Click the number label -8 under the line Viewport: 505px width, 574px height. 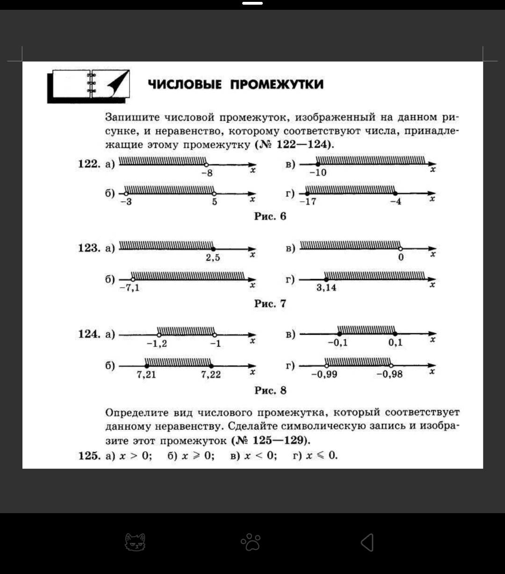207,173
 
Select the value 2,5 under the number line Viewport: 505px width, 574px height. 213,258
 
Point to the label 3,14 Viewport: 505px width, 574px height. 326,287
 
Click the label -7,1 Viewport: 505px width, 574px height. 129,287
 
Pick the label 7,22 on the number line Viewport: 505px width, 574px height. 211,375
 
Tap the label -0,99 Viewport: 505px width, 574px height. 324,375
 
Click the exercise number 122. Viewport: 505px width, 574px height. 88,164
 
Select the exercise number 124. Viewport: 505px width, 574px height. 88,334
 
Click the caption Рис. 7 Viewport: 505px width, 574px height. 270,303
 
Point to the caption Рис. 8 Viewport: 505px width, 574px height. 270,390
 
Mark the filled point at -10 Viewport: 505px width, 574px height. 318,164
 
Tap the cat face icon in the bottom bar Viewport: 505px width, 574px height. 135,542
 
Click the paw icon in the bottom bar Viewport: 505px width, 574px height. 251,542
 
